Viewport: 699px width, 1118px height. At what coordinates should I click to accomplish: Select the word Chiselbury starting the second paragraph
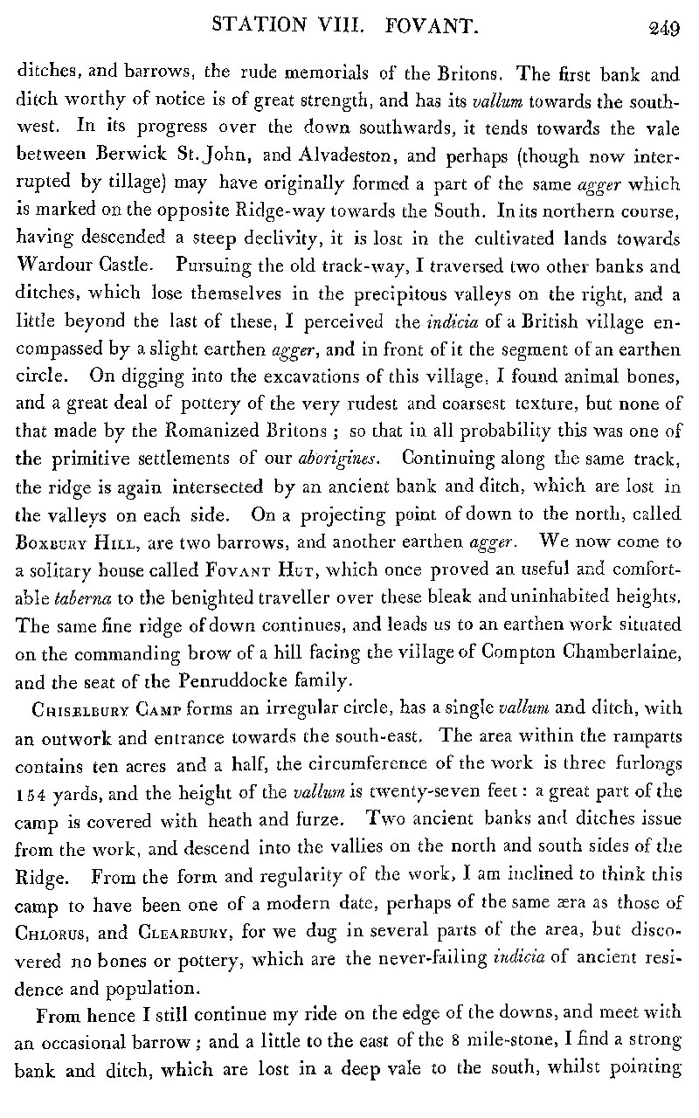click(x=66, y=684)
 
